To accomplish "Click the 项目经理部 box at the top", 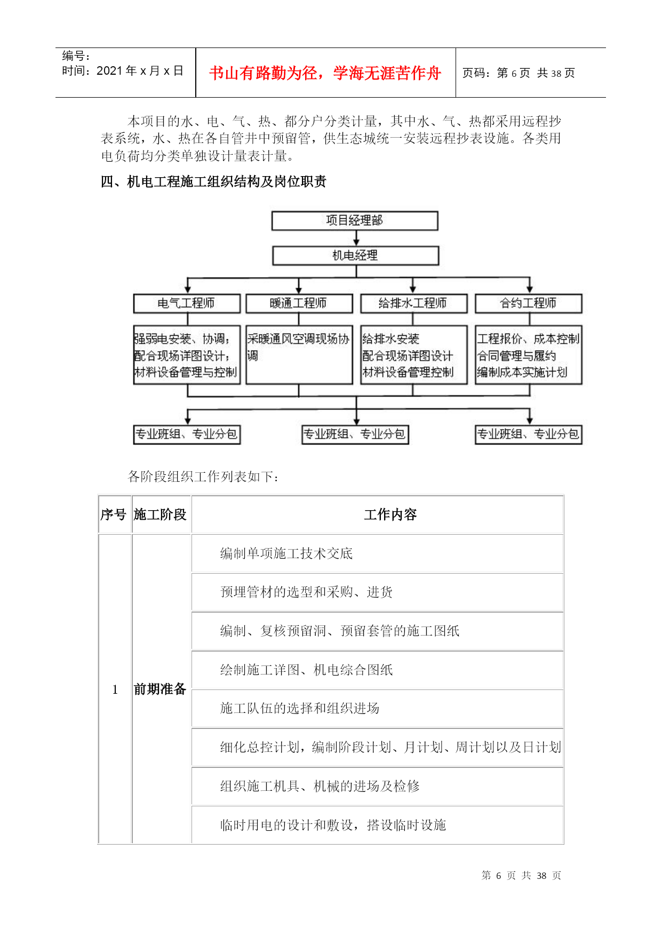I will tap(355, 220).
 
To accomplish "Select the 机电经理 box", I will tap(355, 256).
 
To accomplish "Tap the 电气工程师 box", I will tap(187, 303).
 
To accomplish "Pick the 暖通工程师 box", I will tap(299, 303).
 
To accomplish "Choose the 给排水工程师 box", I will tap(413, 303).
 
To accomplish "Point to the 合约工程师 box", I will tap(528, 303).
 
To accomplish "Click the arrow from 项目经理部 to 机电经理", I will tap(356, 239).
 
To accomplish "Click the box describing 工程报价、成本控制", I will tap(528, 355).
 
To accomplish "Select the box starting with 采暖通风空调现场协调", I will tap(299, 355).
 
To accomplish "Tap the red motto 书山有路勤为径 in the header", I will tap(325, 73).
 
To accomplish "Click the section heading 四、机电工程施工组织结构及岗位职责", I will tap(213, 182).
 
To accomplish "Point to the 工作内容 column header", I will tap(390, 514).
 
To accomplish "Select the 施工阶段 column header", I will tap(160, 514).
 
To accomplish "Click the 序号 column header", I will tap(114, 514).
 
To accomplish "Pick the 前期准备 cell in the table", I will tap(160, 689).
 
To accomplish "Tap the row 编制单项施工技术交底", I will tap(286, 553).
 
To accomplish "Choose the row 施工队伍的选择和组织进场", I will tap(300, 708).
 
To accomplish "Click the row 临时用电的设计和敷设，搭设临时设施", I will tap(333, 825).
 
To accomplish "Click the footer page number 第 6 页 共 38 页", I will tap(521, 876).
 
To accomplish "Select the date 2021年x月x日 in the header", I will tap(123, 71).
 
